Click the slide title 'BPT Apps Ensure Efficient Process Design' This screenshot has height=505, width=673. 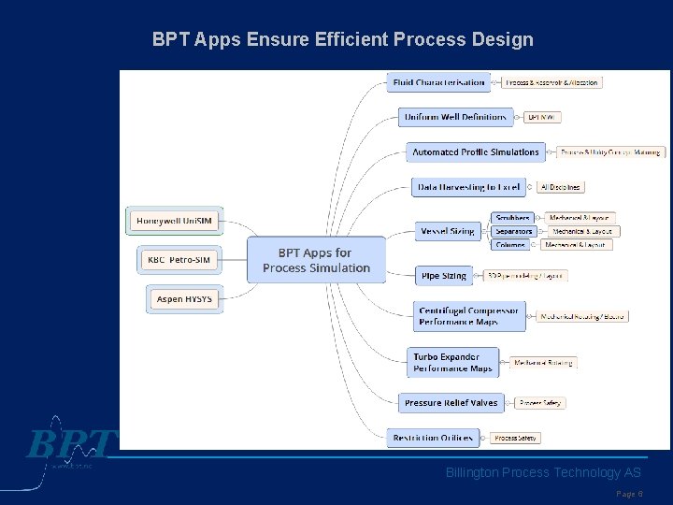click(343, 40)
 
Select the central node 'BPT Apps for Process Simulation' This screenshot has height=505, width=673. click(316, 260)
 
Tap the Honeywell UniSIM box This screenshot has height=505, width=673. click(174, 221)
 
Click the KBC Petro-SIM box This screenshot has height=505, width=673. click(179, 259)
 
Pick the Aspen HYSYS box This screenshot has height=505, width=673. click(184, 299)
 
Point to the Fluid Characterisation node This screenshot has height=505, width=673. click(439, 82)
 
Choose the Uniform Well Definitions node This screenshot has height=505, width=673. click(455, 117)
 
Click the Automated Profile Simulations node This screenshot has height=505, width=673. click(476, 151)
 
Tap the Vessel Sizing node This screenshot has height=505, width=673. click(448, 231)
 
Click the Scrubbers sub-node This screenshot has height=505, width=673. click(513, 218)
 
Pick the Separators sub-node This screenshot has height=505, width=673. click(513, 231)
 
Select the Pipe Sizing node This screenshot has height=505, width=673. click(444, 276)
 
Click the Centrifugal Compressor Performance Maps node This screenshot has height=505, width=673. click(469, 316)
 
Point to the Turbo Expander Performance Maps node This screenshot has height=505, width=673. click(454, 362)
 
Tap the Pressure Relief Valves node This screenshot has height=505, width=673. click(451, 403)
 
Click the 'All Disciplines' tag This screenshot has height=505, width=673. click(561, 187)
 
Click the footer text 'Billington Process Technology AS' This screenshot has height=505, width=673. click(543, 473)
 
